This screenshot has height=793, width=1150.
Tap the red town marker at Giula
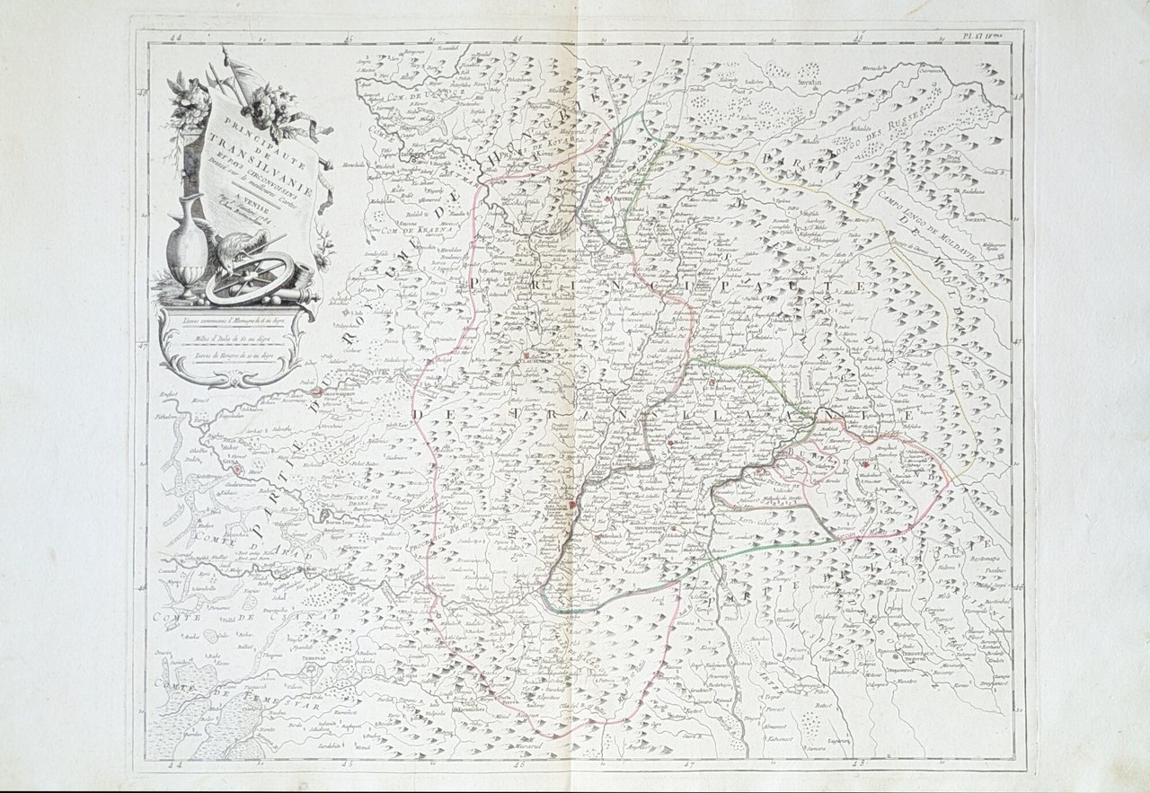[236, 468]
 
